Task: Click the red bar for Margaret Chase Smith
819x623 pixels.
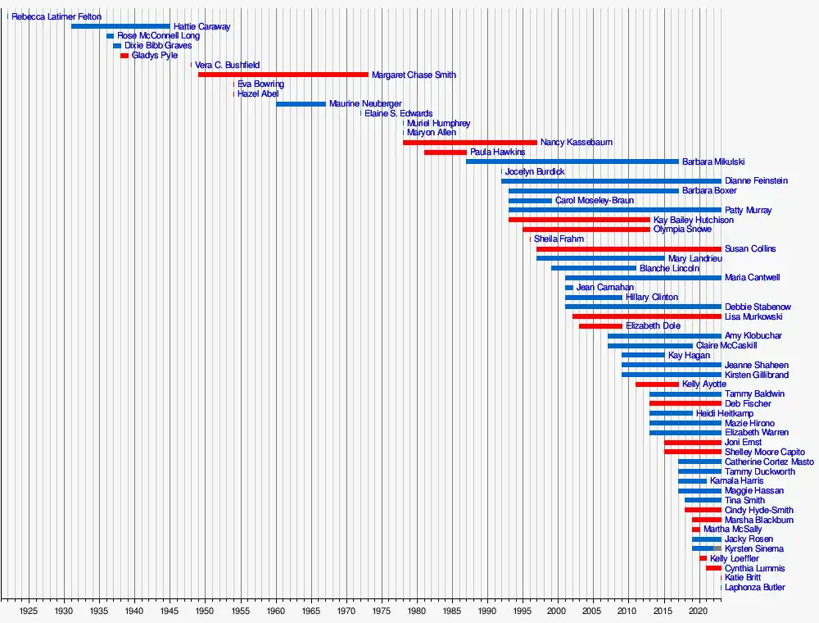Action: click(x=283, y=75)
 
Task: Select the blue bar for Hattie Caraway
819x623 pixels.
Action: click(x=120, y=26)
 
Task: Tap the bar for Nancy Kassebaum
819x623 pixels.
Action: click(x=469, y=143)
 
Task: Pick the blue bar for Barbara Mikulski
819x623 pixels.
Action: click(x=572, y=161)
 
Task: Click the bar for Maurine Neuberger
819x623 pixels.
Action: click(x=301, y=104)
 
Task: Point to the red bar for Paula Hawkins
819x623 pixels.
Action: click(x=445, y=152)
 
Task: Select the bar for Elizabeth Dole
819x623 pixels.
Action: click(x=600, y=326)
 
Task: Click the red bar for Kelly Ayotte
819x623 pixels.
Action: click(x=657, y=384)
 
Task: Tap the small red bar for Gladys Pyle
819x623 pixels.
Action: click(x=124, y=56)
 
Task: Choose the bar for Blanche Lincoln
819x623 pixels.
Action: click(x=593, y=268)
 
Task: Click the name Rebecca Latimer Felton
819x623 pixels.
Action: click(x=57, y=17)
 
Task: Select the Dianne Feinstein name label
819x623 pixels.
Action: click(x=756, y=181)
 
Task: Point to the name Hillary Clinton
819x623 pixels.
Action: click(x=652, y=298)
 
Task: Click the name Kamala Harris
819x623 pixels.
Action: click(x=736, y=481)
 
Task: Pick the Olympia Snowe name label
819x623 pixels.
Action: click(x=682, y=230)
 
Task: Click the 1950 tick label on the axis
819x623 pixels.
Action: click(x=205, y=611)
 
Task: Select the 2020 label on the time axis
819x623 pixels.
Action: click(x=698, y=611)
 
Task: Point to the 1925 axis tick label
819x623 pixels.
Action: click(x=29, y=611)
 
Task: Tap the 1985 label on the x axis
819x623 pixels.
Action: click(x=451, y=611)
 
